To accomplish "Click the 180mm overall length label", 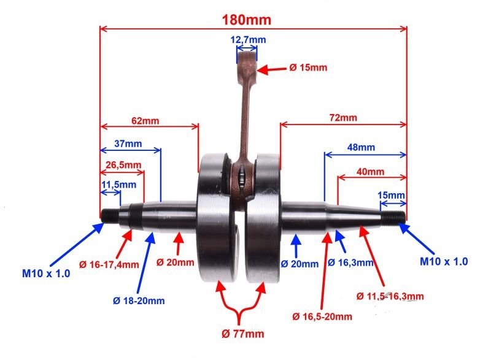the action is pyautogui.click(x=247, y=20).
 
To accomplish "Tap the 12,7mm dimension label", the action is pyautogui.click(x=248, y=40).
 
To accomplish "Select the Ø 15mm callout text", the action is pyautogui.click(x=308, y=67).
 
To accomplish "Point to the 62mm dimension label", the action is pyautogui.click(x=145, y=121).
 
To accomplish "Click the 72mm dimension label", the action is pyautogui.click(x=343, y=118).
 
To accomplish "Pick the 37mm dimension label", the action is pyautogui.click(x=128, y=144).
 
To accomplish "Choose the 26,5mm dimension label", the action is pyautogui.click(x=123, y=165).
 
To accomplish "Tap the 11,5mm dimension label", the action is pyautogui.click(x=118, y=185).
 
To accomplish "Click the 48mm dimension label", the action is pyautogui.click(x=361, y=147).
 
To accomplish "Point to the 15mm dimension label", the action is pyautogui.click(x=391, y=195).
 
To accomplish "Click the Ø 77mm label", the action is pyautogui.click(x=242, y=334).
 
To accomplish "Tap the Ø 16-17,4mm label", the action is pyautogui.click(x=109, y=264).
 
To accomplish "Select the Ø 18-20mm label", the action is pyautogui.click(x=139, y=301).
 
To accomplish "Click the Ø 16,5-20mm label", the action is pyautogui.click(x=322, y=316).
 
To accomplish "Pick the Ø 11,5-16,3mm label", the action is pyautogui.click(x=390, y=296).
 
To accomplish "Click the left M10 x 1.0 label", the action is pyautogui.click(x=46, y=274).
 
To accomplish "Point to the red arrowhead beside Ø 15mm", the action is pyautogui.click(x=263, y=69).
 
